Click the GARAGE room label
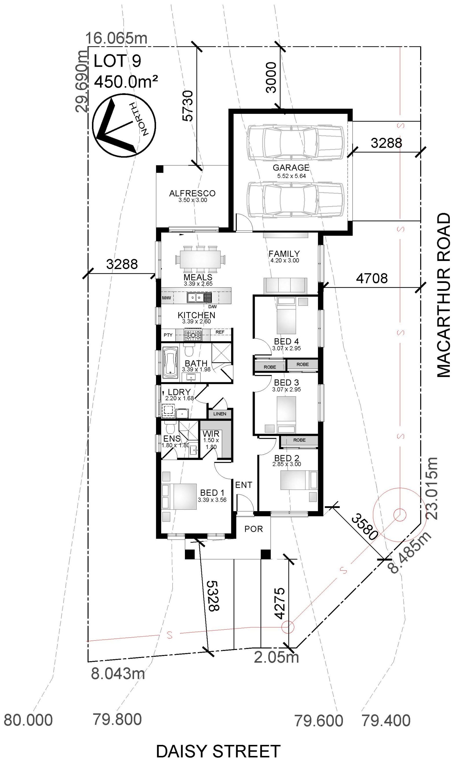point(291,167)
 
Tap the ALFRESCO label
point(192,193)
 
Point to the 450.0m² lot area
point(126,82)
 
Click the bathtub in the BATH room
point(170,363)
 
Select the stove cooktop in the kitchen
point(193,335)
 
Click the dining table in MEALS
point(200,257)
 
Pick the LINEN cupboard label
point(219,414)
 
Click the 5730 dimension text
point(188,105)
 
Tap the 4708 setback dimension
point(372,278)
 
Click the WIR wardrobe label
point(211,434)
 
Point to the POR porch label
point(253,529)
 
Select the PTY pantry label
point(168,335)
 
